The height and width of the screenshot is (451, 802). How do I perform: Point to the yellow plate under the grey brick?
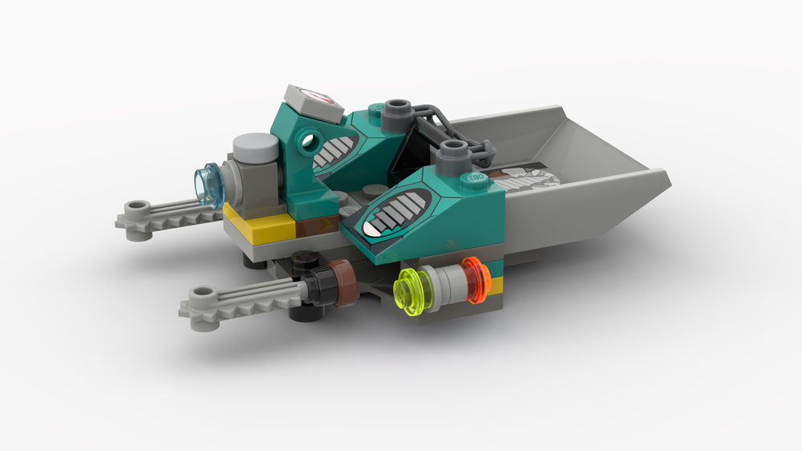[x=256, y=221]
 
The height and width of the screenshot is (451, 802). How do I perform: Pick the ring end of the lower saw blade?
[x=196, y=298]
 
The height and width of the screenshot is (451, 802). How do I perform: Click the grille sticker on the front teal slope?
[x=395, y=217]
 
